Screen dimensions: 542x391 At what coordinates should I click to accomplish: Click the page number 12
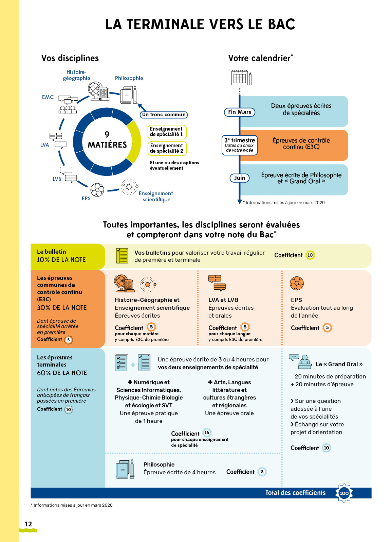[x=28, y=524]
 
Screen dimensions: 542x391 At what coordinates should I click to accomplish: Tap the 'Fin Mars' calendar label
[x=240, y=112]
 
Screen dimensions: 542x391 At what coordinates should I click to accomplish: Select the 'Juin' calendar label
[x=240, y=178]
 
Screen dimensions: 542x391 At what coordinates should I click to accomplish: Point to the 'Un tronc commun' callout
[x=164, y=115]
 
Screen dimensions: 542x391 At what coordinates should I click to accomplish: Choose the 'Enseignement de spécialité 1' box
[x=167, y=132]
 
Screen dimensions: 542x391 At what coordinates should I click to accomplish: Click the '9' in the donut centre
[x=107, y=134]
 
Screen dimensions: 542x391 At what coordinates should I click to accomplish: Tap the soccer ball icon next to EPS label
[x=97, y=190]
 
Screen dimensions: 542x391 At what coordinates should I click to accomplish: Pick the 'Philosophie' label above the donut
[x=129, y=78]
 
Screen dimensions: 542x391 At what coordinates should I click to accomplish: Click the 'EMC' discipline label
[x=48, y=97]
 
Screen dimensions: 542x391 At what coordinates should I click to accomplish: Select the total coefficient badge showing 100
[x=344, y=493]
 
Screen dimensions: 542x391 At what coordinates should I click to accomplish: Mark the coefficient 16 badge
[x=207, y=433]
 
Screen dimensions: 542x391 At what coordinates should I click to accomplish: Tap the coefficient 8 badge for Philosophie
[x=262, y=472]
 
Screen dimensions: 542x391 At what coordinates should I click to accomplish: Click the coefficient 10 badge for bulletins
[x=310, y=255]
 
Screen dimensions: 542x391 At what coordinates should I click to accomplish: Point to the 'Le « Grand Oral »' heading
[x=339, y=364]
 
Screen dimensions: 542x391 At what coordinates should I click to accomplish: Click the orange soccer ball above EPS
[x=297, y=283]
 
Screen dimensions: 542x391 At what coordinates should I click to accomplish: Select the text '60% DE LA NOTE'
[x=62, y=373]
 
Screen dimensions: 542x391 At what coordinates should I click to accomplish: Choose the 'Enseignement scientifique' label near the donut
[x=156, y=197]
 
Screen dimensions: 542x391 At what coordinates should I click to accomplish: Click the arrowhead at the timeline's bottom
[x=240, y=202]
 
